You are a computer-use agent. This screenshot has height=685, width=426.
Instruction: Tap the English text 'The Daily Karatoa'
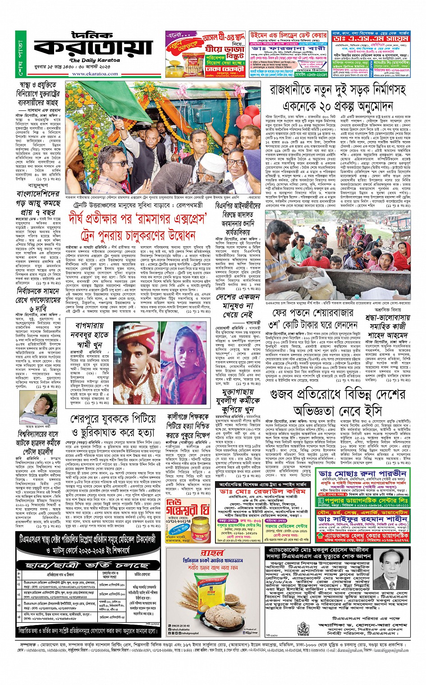coord(88,60)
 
